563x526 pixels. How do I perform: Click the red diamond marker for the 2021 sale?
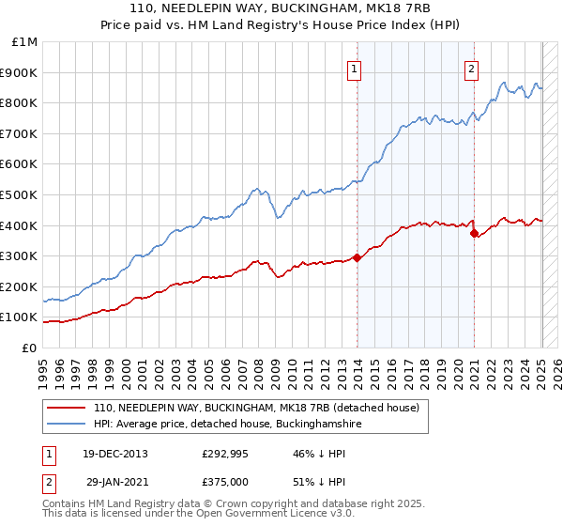click(x=475, y=233)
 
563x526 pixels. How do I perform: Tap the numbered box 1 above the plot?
click(x=355, y=68)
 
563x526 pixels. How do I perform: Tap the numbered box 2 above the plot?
click(x=470, y=68)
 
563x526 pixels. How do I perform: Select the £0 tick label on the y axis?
click(x=28, y=348)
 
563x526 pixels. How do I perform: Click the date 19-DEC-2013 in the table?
click(x=114, y=454)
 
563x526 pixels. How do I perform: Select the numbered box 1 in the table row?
click(x=50, y=454)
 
